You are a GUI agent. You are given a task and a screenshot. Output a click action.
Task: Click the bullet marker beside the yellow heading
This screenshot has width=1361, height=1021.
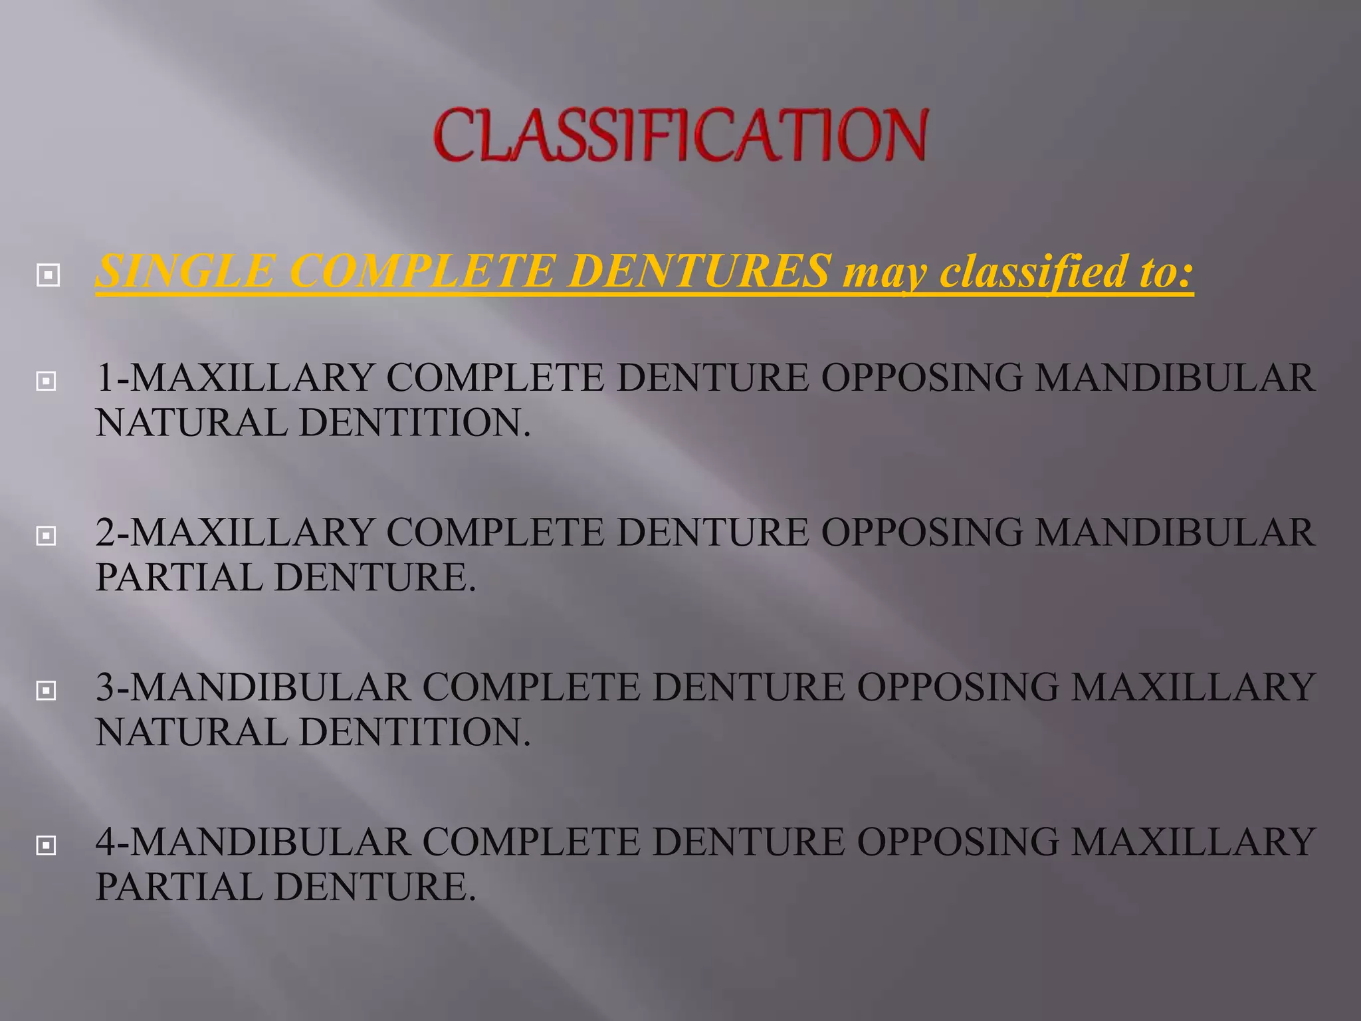48,275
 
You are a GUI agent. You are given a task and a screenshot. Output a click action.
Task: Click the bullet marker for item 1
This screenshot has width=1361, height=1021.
46,381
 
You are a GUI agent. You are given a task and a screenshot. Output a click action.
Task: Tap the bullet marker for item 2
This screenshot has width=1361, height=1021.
46,536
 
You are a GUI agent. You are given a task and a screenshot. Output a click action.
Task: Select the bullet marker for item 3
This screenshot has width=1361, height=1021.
46,691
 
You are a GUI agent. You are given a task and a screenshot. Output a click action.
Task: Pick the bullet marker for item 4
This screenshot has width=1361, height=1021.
46,846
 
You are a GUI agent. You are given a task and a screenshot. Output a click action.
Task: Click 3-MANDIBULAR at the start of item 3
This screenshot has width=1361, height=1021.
253,687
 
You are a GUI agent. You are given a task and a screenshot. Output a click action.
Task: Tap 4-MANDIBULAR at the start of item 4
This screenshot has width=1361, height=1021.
253,842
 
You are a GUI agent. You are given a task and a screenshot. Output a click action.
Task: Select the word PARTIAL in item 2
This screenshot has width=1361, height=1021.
179,578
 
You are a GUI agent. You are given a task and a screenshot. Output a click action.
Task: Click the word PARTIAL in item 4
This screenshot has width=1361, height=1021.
179,887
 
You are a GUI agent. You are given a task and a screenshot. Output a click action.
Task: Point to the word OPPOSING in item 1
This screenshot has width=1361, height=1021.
922,378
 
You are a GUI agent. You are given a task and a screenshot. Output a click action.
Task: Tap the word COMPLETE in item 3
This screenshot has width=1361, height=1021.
531,687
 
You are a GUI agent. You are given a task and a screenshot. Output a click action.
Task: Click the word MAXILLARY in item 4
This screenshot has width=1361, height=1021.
1194,842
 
